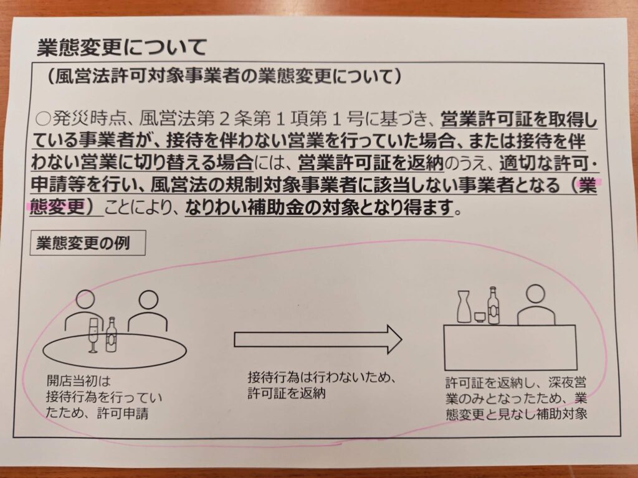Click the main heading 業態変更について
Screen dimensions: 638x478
click(x=121, y=47)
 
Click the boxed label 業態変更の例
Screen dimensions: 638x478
click(x=87, y=243)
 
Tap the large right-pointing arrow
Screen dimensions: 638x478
click(x=318, y=339)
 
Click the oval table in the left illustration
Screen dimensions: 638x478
click(x=115, y=350)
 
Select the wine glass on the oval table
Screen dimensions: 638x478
click(x=93, y=335)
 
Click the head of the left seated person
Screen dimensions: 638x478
click(x=86, y=299)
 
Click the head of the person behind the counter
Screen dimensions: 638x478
click(x=535, y=294)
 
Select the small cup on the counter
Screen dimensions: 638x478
click(x=480, y=317)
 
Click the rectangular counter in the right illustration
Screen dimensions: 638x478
click(x=510, y=347)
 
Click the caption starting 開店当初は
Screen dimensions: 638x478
click(x=104, y=397)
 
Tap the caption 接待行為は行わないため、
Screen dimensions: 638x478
click(x=322, y=378)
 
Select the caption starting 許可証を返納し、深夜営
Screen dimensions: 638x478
click(x=516, y=398)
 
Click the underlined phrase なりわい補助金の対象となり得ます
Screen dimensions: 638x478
click(x=319, y=208)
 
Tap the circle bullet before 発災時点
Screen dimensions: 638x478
click(x=42, y=119)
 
